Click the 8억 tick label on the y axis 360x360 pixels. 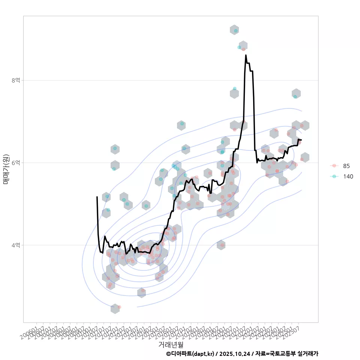point(16,80)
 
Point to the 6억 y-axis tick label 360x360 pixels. point(16,163)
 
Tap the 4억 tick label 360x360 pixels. point(16,245)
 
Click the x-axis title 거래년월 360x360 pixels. point(171,344)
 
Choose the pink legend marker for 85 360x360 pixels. point(334,166)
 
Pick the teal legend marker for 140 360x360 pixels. point(334,176)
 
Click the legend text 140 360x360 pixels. point(348,176)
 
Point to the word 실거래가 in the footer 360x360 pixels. point(307,354)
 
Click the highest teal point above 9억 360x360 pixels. point(235,31)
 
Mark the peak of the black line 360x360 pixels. point(246,55)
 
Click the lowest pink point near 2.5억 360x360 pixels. point(119,307)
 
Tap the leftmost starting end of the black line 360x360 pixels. point(97,196)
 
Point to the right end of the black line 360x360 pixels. point(301,140)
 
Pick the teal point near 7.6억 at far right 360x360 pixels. point(295,97)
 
